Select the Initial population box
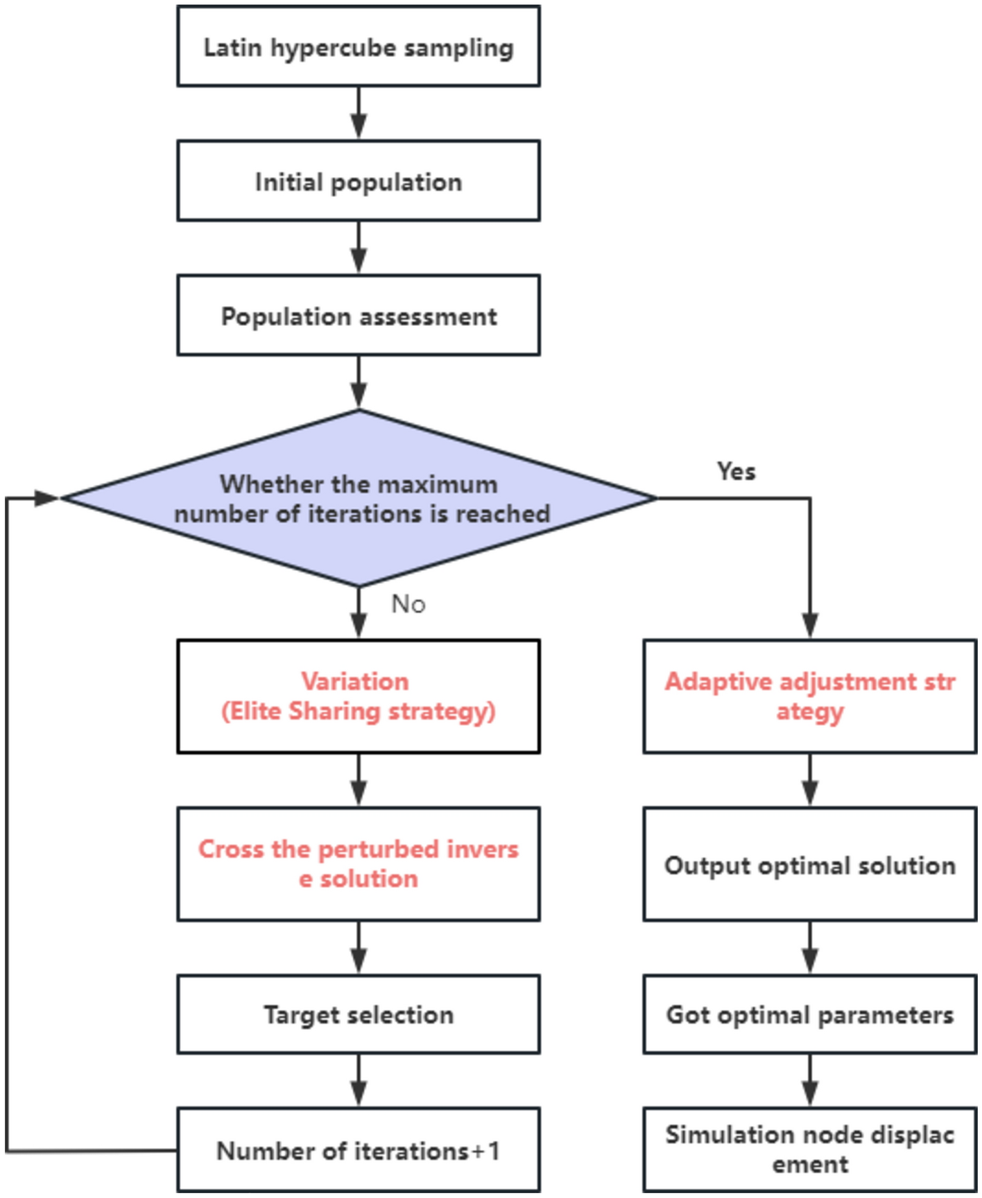coord(358,181)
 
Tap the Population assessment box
coord(358,316)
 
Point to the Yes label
coord(736,472)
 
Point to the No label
coord(408,604)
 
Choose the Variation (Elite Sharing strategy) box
coord(358,696)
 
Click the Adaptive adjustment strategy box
coord(809,696)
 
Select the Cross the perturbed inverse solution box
coord(358,864)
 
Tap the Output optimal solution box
coord(809,865)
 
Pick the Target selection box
coord(358,1014)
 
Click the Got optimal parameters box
coord(809,1014)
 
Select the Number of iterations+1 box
coord(358,1151)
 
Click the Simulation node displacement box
coord(809,1149)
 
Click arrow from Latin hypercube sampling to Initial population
coord(358,113)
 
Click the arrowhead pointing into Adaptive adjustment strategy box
coord(810,625)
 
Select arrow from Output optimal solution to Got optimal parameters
coord(810,948)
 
